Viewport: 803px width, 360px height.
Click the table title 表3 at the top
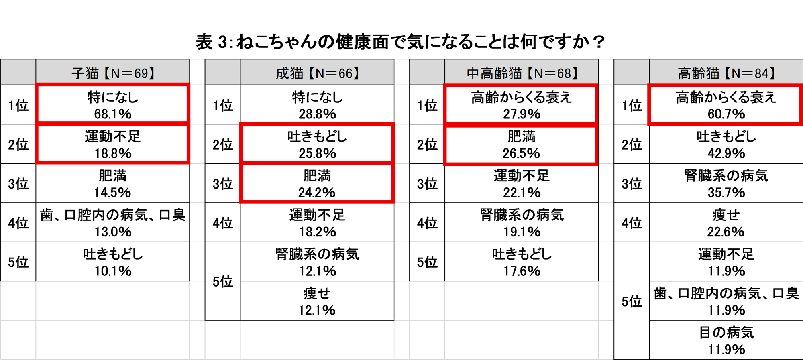click(x=400, y=42)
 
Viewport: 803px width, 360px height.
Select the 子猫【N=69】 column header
click(x=112, y=73)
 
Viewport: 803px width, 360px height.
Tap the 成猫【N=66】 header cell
click(x=317, y=73)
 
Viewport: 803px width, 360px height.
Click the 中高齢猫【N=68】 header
click(x=522, y=73)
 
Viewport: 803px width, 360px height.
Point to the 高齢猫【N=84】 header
click(x=726, y=73)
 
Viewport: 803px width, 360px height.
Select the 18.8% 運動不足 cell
click(x=112, y=144)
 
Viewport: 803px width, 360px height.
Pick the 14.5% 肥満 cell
click(x=112, y=183)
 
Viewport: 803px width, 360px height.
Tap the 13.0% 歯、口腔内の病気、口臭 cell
click(x=112, y=223)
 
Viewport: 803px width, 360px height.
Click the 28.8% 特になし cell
click(x=317, y=104)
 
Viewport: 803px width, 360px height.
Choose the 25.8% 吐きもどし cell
click(x=317, y=144)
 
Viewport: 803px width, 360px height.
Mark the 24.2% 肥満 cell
click(x=317, y=183)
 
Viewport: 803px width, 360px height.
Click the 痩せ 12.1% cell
click(x=317, y=301)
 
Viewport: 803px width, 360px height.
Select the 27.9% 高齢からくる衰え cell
click(x=522, y=104)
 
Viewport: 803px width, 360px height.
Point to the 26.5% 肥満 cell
click(x=522, y=144)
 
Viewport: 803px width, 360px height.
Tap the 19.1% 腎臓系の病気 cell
click(x=522, y=223)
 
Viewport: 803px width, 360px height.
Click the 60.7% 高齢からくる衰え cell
click(x=726, y=104)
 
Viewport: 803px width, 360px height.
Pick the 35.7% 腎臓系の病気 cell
click(x=726, y=183)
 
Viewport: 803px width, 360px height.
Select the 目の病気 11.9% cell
click(x=726, y=340)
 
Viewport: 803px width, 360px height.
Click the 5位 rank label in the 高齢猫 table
click(x=632, y=301)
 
